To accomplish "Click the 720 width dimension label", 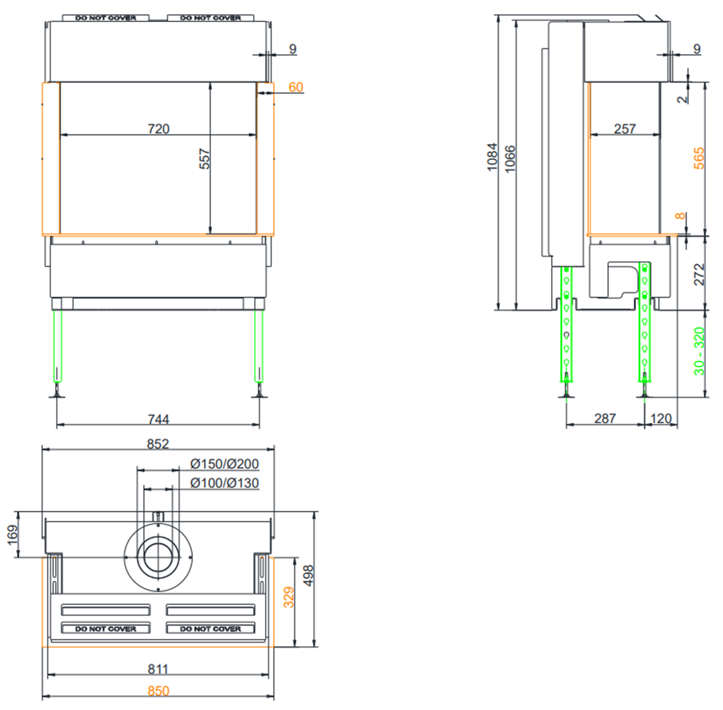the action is pos(159,129).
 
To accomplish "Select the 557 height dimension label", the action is pos(205,159).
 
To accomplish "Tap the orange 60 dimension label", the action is pos(295,87).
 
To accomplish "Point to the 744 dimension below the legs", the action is pos(159,419).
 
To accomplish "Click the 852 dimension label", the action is pos(158,444).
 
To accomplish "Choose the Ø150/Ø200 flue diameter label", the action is pos(224,464).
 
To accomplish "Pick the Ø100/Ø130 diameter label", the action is pos(224,483).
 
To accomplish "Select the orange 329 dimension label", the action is pos(289,597).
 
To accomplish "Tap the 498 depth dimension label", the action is pos(308,576).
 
